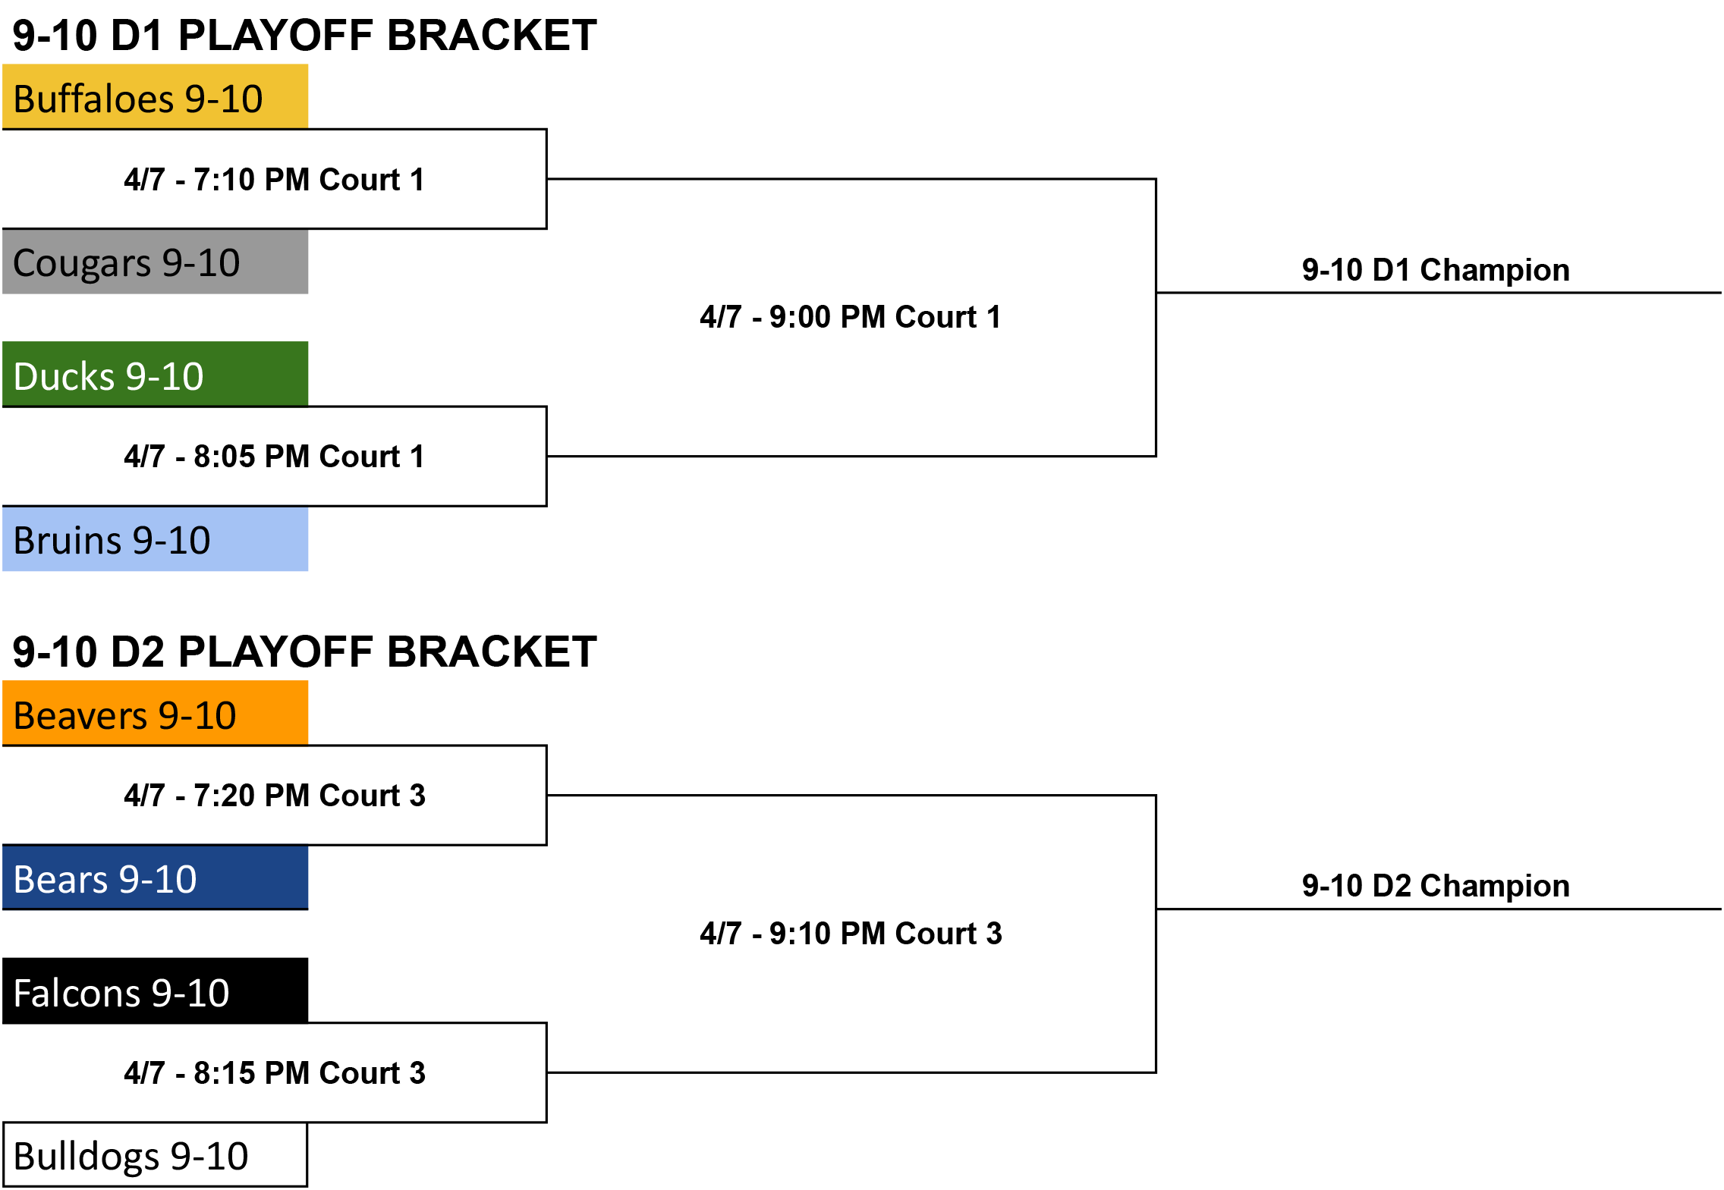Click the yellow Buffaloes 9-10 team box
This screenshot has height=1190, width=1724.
point(156,96)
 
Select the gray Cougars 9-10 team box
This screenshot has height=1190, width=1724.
point(156,262)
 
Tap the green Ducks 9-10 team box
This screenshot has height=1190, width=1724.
point(156,374)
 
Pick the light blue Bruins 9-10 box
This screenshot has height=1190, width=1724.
point(156,538)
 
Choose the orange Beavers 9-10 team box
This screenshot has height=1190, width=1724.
point(156,713)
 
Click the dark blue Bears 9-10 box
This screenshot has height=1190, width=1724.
point(156,878)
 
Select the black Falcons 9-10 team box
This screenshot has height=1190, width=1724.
point(156,991)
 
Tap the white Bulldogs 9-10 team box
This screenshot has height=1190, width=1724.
point(156,1154)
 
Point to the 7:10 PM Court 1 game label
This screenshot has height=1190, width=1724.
point(274,180)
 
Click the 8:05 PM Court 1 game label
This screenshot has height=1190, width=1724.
point(274,457)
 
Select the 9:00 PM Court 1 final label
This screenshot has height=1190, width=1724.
point(851,317)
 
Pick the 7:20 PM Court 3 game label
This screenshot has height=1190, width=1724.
point(275,796)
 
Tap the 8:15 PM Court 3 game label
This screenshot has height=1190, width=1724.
point(275,1073)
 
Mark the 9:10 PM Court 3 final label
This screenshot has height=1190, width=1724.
point(851,934)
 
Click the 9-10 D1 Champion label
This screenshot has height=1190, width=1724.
point(1436,270)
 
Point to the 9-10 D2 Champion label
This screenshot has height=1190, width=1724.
point(1436,886)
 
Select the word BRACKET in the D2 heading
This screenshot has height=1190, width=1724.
point(492,652)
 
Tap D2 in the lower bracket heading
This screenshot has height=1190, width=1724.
point(137,652)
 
